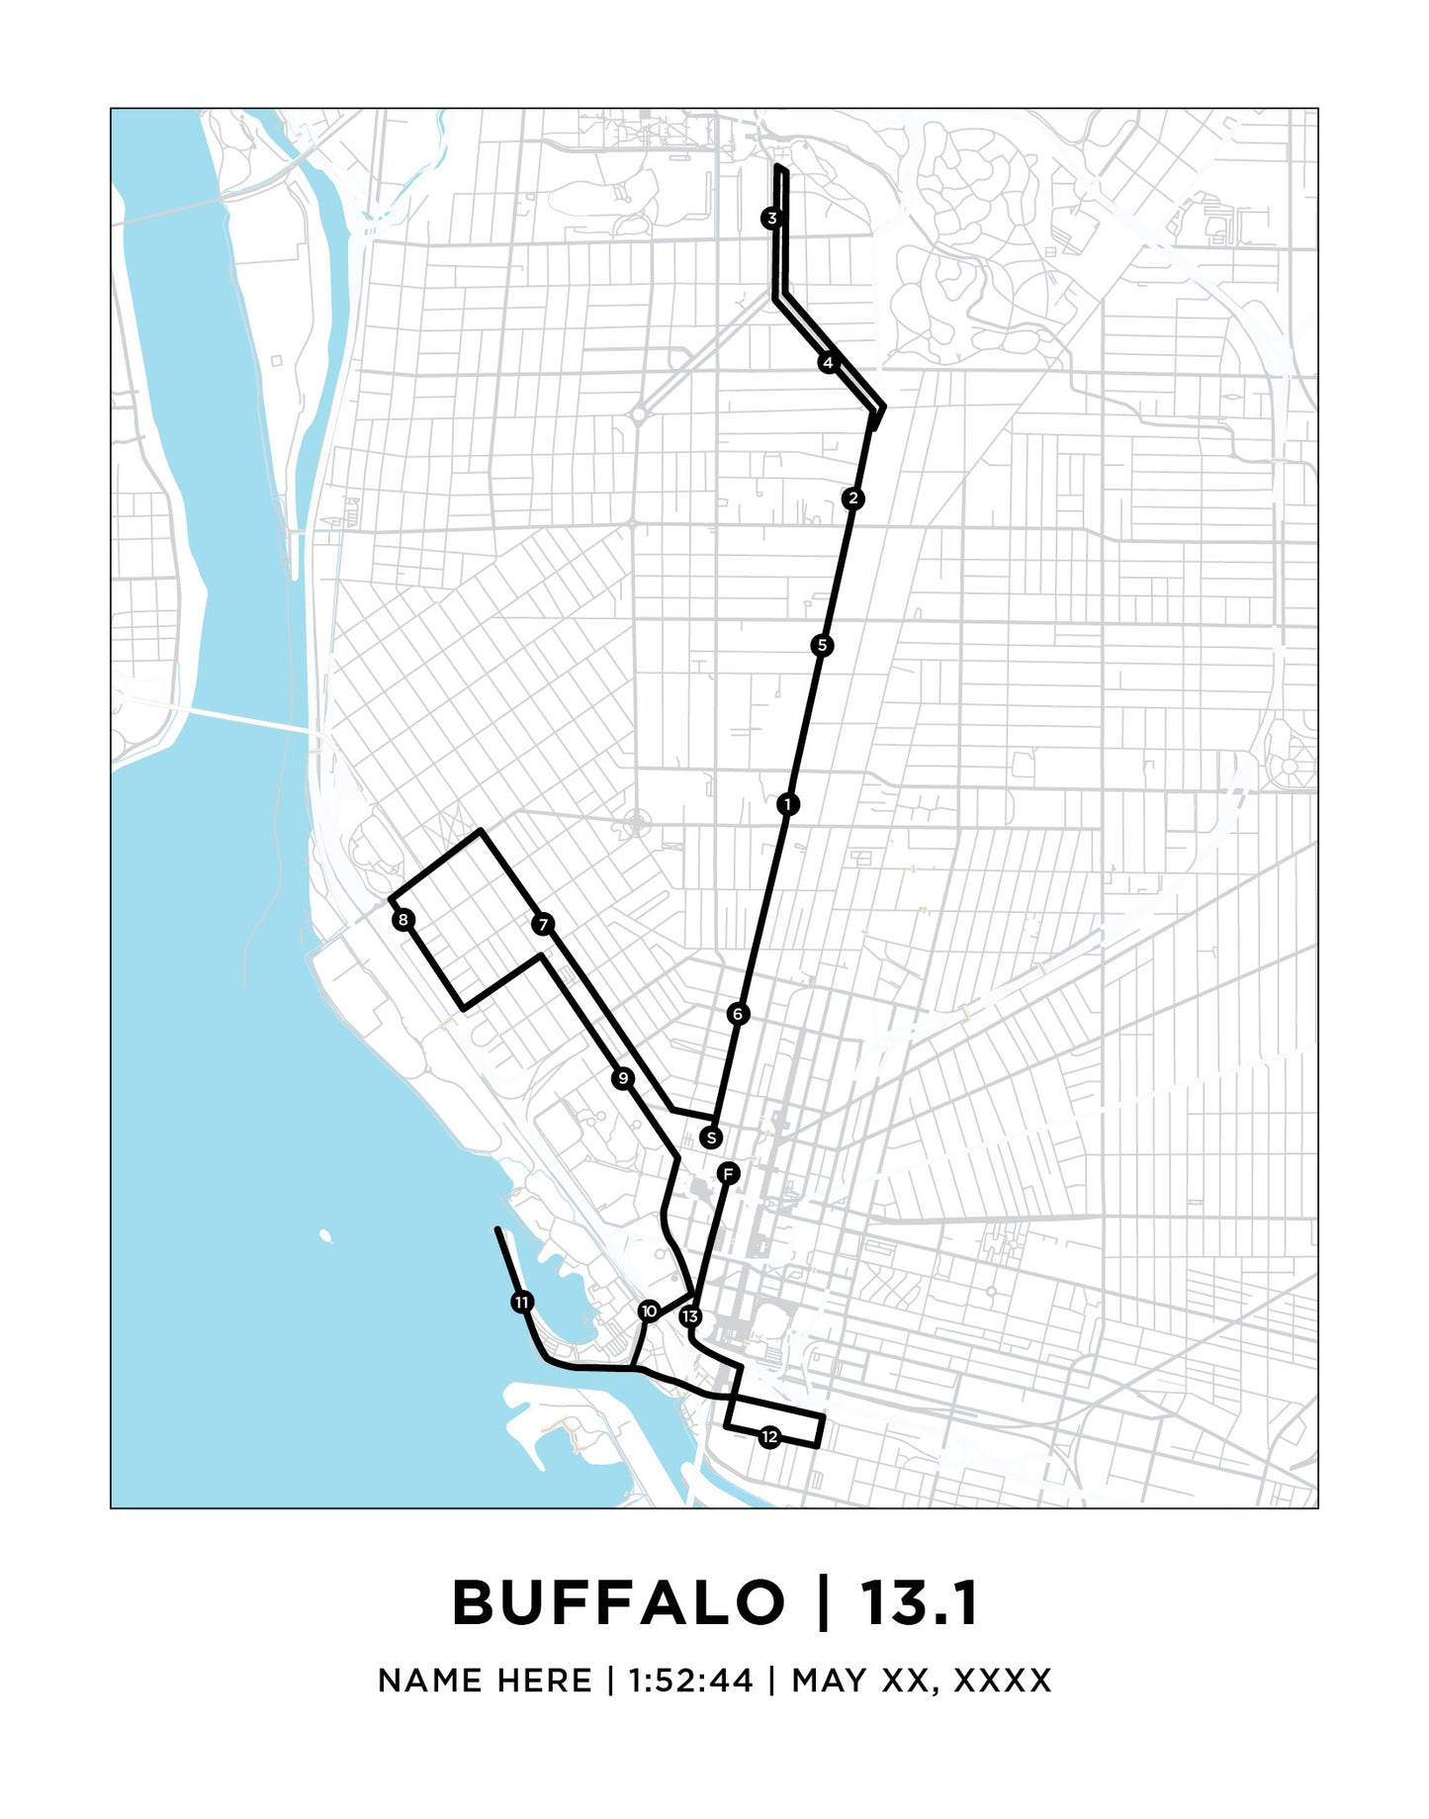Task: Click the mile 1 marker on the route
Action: [x=787, y=804]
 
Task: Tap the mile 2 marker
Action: [x=853, y=499]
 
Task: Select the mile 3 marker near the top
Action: [x=771, y=218]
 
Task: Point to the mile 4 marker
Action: [x=828, y=363]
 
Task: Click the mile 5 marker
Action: [x=822, y=646]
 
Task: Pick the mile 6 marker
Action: [x=738, y=1014]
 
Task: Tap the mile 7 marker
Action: [x=543, y=925]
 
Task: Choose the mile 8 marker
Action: [x=402, y=920]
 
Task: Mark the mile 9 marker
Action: [x=622, y=1078]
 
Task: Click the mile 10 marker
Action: [x=649, y=1312]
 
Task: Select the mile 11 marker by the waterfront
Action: [x=522, y=1302]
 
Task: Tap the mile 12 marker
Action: [x=770, y=1437]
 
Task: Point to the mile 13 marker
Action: [x=690, y=1317]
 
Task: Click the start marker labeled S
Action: [x=711, y=1137]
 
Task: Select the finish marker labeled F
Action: [x=728, y=1174]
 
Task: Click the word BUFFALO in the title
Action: [x=618, y=1602]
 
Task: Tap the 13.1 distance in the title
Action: [x=919, y=1602]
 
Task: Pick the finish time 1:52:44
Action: [x=690, y=1681]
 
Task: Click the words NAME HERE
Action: [x=485, y=1681]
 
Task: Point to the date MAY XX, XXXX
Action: [x=922, y=1681]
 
